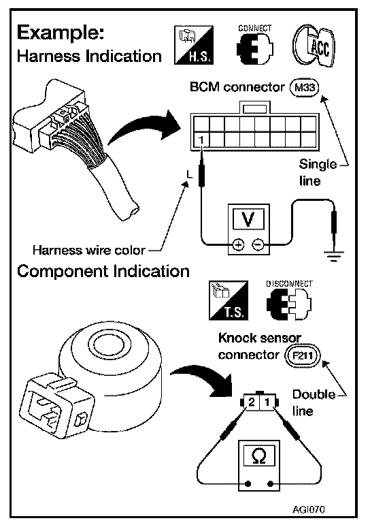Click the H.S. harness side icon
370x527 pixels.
point(194,45)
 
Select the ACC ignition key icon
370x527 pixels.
point(314,46)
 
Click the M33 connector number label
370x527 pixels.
point(304,88)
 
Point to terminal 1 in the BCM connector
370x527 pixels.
point(201,139)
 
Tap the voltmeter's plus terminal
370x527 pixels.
point(238,245)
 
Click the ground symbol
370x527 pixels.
point(333,255)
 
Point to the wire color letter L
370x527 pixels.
point(190,174)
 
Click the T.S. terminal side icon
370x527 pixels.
point(229,300)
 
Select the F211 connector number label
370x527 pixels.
point(303,355)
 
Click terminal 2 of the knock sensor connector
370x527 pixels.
point(252,402)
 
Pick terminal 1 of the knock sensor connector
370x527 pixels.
point(267,402)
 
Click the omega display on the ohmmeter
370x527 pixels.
point(259,456)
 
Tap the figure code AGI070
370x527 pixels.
point(309,509)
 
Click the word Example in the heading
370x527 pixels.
point(61,33)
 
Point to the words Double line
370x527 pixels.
point(314,402)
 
